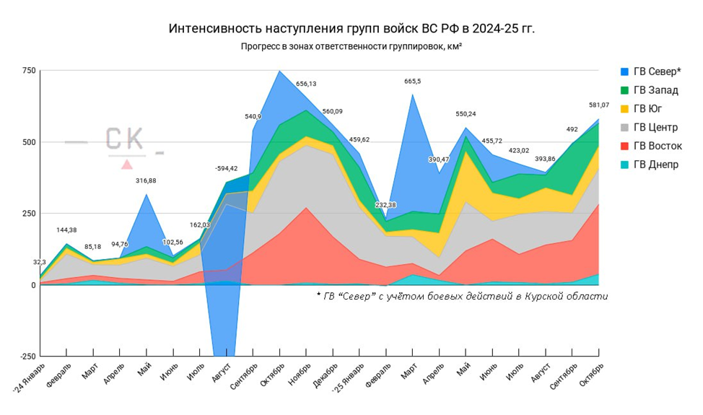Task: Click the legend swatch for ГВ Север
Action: pyautogui.click(x=624, y=71)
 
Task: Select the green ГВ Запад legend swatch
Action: pyautogui.click(x=624, y=90)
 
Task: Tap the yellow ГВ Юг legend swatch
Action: pyautogui.click(x=624, y=109)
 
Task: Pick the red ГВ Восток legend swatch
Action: pyautogui.click(x=624, y=147)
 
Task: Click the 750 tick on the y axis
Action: pyautogui.click(x=28, y=70)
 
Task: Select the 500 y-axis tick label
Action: pyautogui.click(x=28, y=142)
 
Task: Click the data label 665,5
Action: pyautogui.click(x=413, y=82)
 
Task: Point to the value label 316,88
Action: pyautogui.click(x=147, y=180)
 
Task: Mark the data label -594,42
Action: pyautogui.click(x=226, y=169)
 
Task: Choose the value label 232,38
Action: pyautogui.click(x=385, y=206)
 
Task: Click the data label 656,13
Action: pyautogui.click(x=306, y=84)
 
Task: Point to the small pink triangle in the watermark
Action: pyautogui.click(x=127, y=165)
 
